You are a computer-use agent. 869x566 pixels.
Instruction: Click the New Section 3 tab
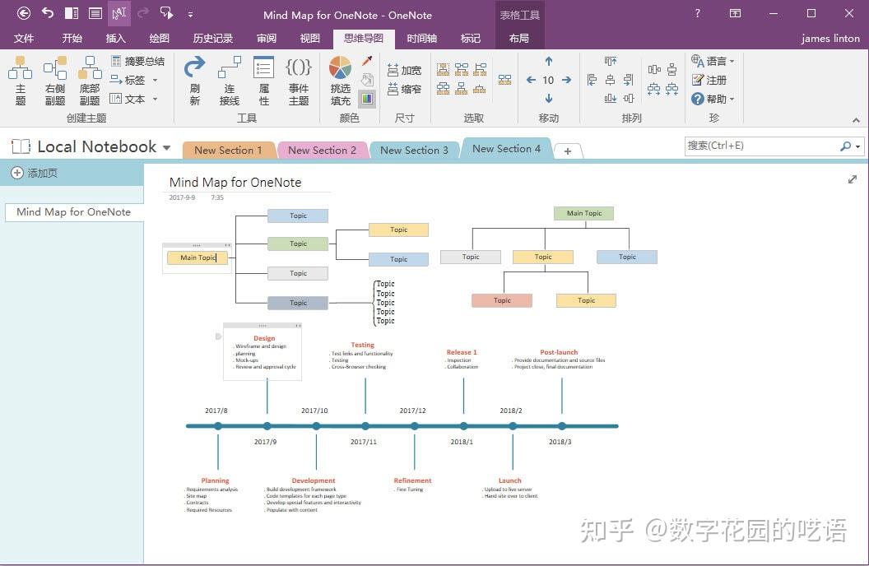pyautogui.click(x=414, y=151)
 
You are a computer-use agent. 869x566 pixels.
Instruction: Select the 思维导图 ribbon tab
pyautogui.click(x=363, y=39)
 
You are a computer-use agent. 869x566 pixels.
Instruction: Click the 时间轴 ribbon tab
pyautogui.click(x=421, y=39)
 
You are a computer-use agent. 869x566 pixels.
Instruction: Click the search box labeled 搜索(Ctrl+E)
pyautogui.click(x=761, y=146)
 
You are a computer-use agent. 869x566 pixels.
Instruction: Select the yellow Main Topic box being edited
pyautogui.click(x=197, y=257)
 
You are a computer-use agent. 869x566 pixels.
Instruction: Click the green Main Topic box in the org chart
pyautogui.click(x=583, y=214)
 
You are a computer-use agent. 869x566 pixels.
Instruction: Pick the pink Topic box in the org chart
pyautogui.click(x=502, y=301)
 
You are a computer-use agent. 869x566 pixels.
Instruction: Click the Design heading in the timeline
pyautogui.click(x=264, y=338)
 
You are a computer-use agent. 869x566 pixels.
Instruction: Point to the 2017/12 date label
pyautogui.click(x=412, y=411)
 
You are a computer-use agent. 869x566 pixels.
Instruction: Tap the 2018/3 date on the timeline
pyautogui.click(x=560, y=442)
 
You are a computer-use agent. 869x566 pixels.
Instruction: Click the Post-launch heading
pyautogui.click(x=559, y=352)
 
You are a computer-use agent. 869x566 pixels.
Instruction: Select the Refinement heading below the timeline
pyautogui.click(x=412, y=480)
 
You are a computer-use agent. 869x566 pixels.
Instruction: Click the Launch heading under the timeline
pyautogui.click(x=509, y=480)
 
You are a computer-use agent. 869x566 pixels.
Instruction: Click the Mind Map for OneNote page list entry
pyautogui.click(x=73, y=212)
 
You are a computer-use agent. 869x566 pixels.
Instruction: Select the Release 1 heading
pyautogui.click(x=462, y=352)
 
